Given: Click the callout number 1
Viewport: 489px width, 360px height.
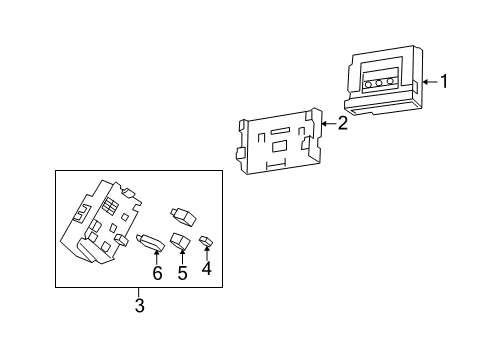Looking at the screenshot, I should pos(446,81).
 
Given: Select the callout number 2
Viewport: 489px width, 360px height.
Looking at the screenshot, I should pos(343,124).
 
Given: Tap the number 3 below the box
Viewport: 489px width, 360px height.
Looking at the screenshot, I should pos(139,306).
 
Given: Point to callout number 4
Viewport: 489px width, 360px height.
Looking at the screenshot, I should pos(207,268).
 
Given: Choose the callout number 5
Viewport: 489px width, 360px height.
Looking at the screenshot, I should pos(182,271).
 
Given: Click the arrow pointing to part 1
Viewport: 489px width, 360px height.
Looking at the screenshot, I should pos(427,81).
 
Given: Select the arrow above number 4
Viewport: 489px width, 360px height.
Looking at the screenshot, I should pos(207,253).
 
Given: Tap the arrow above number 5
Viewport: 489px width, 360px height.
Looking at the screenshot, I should pos(182,255).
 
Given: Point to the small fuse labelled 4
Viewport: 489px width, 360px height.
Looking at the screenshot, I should pos(206,240).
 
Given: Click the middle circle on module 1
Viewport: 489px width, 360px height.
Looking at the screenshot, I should pos(382,85).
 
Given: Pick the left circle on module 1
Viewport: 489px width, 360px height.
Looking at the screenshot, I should pos(369,85).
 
